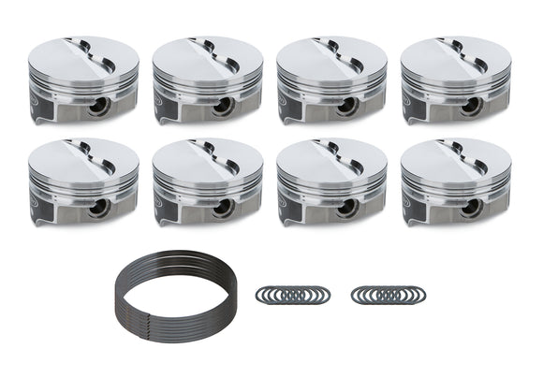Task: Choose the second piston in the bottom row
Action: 207,181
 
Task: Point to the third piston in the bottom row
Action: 331,181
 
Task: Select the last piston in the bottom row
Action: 456,181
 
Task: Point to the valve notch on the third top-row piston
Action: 341,56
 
